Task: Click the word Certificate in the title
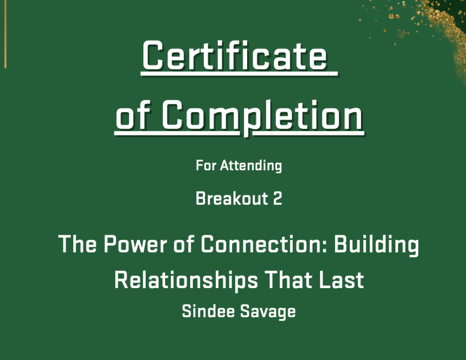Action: pyautogui.click(x=235, y=56)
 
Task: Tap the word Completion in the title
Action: pyautogui.click(x=263, y=117)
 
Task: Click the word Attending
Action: pyautogui.click(x=251, y=166)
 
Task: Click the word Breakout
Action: pyautogui.click(x=232, y=198)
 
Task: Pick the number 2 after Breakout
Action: pyautogui.click(x=277, y=198)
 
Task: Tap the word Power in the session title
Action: pyautogui.click(x=135, y=244)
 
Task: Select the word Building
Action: pyautogui.click(x=376, y=245)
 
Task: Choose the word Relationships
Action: pyautogui.click(x=186, y=280)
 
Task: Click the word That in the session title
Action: pyautogui.click(x=289, y=280)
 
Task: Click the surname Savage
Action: pyautogui.click(x=268, y=312)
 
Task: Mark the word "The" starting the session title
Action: pyautogui.click(x=77, y=244)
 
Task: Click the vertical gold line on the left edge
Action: pyautogui.click(x=5, y=34)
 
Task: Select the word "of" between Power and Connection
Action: pyautogui.click(x=184, y=244)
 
